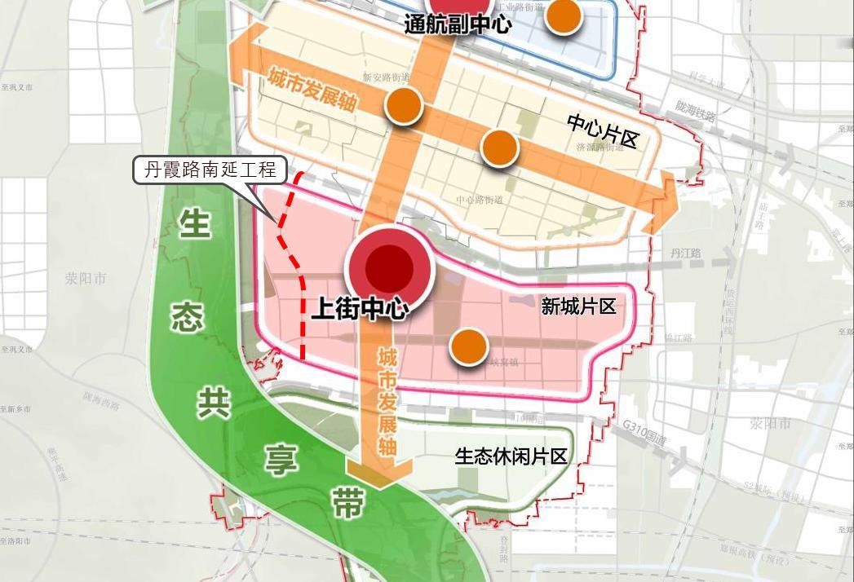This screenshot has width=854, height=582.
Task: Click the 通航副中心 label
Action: tap(458, 24)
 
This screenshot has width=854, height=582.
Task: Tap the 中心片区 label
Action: tap(602, 130)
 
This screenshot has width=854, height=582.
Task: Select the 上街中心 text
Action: tap(360, 309)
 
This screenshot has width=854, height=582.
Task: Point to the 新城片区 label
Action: tap(578, 306)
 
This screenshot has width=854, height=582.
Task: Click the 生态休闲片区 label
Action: tap(511, 456)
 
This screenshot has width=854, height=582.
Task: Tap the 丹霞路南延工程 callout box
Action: tap(210, 170)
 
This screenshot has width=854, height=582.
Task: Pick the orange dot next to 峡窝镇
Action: tap(468, 346)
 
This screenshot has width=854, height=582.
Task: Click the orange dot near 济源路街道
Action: tap(499, 148)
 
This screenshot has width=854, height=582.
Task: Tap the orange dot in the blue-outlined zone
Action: tap(562, 15)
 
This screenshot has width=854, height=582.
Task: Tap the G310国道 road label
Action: tap(644, 433)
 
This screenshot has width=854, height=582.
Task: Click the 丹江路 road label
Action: tap(685, 254)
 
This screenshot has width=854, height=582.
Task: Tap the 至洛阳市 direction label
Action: tap(15, 541)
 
